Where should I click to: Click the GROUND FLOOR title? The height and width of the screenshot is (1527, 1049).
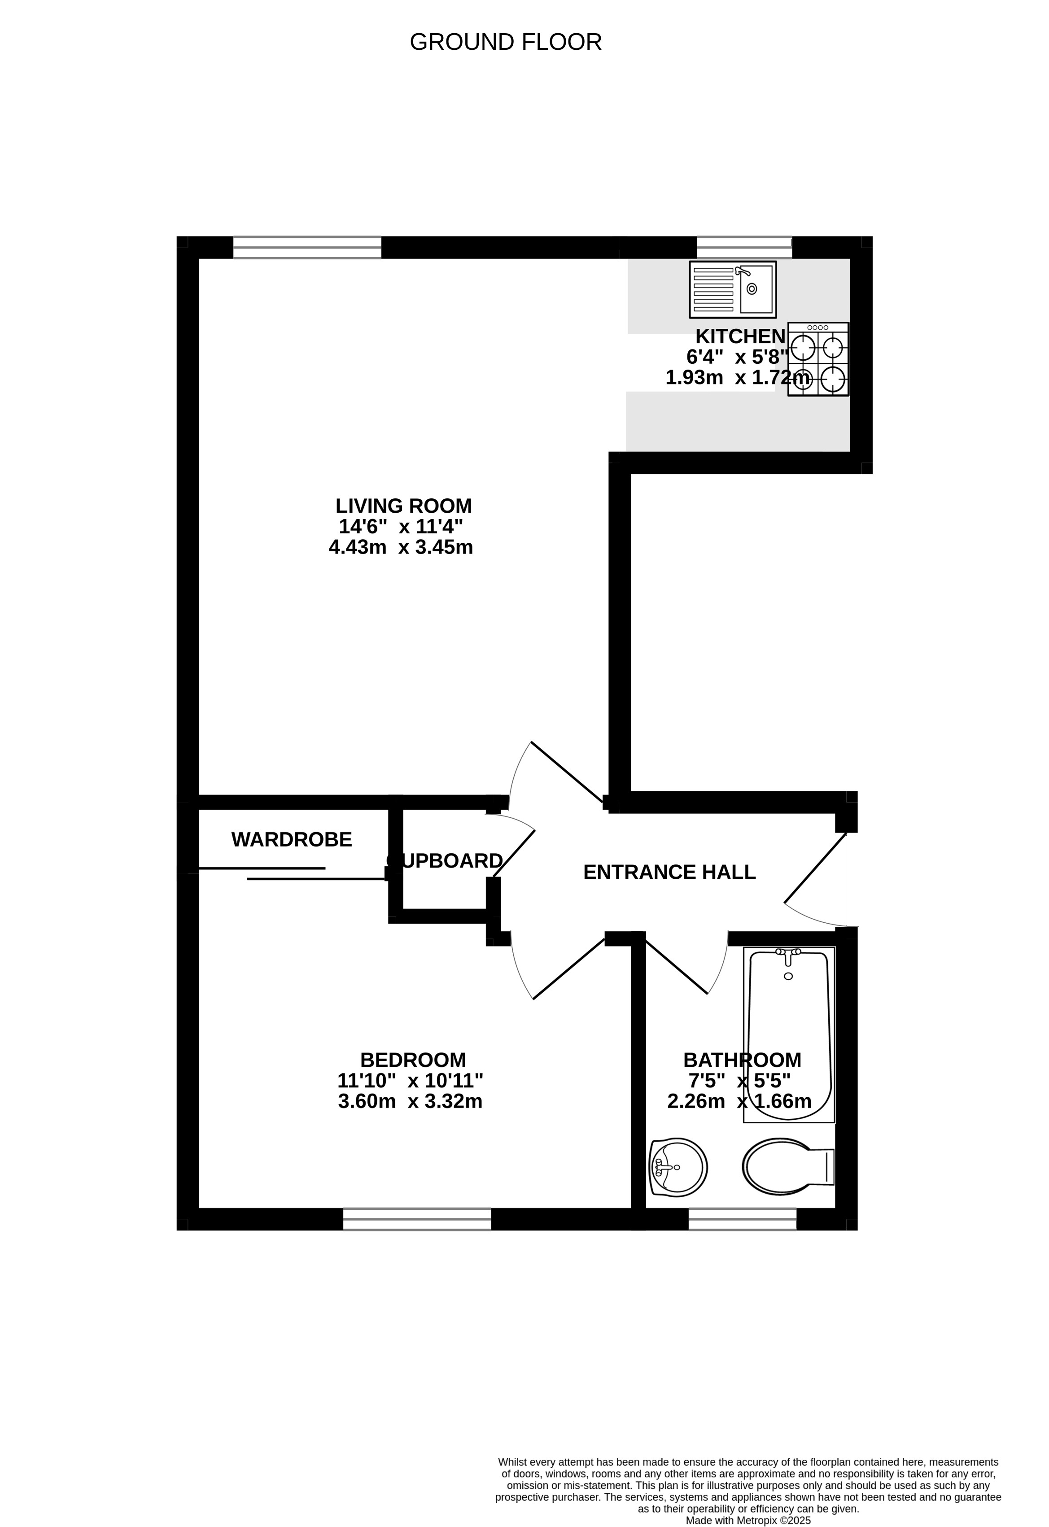click(506, 42)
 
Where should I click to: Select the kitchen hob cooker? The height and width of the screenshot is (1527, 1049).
click(818, 359)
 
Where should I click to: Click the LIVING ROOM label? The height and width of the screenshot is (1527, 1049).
click(403, 506)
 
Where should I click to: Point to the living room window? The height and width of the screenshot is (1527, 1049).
click(307, 248)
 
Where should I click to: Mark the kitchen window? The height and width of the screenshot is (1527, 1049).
click(744, 248)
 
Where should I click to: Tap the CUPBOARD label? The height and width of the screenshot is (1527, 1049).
click(445, 861)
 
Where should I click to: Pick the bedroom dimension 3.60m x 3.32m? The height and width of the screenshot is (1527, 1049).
click(410, 1101)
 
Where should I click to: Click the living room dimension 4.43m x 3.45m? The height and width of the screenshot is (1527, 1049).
click(401, 547)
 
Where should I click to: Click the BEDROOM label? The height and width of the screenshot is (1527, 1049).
click(413, 1060)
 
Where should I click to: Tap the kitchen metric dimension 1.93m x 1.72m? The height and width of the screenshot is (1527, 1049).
click(738, 378)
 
